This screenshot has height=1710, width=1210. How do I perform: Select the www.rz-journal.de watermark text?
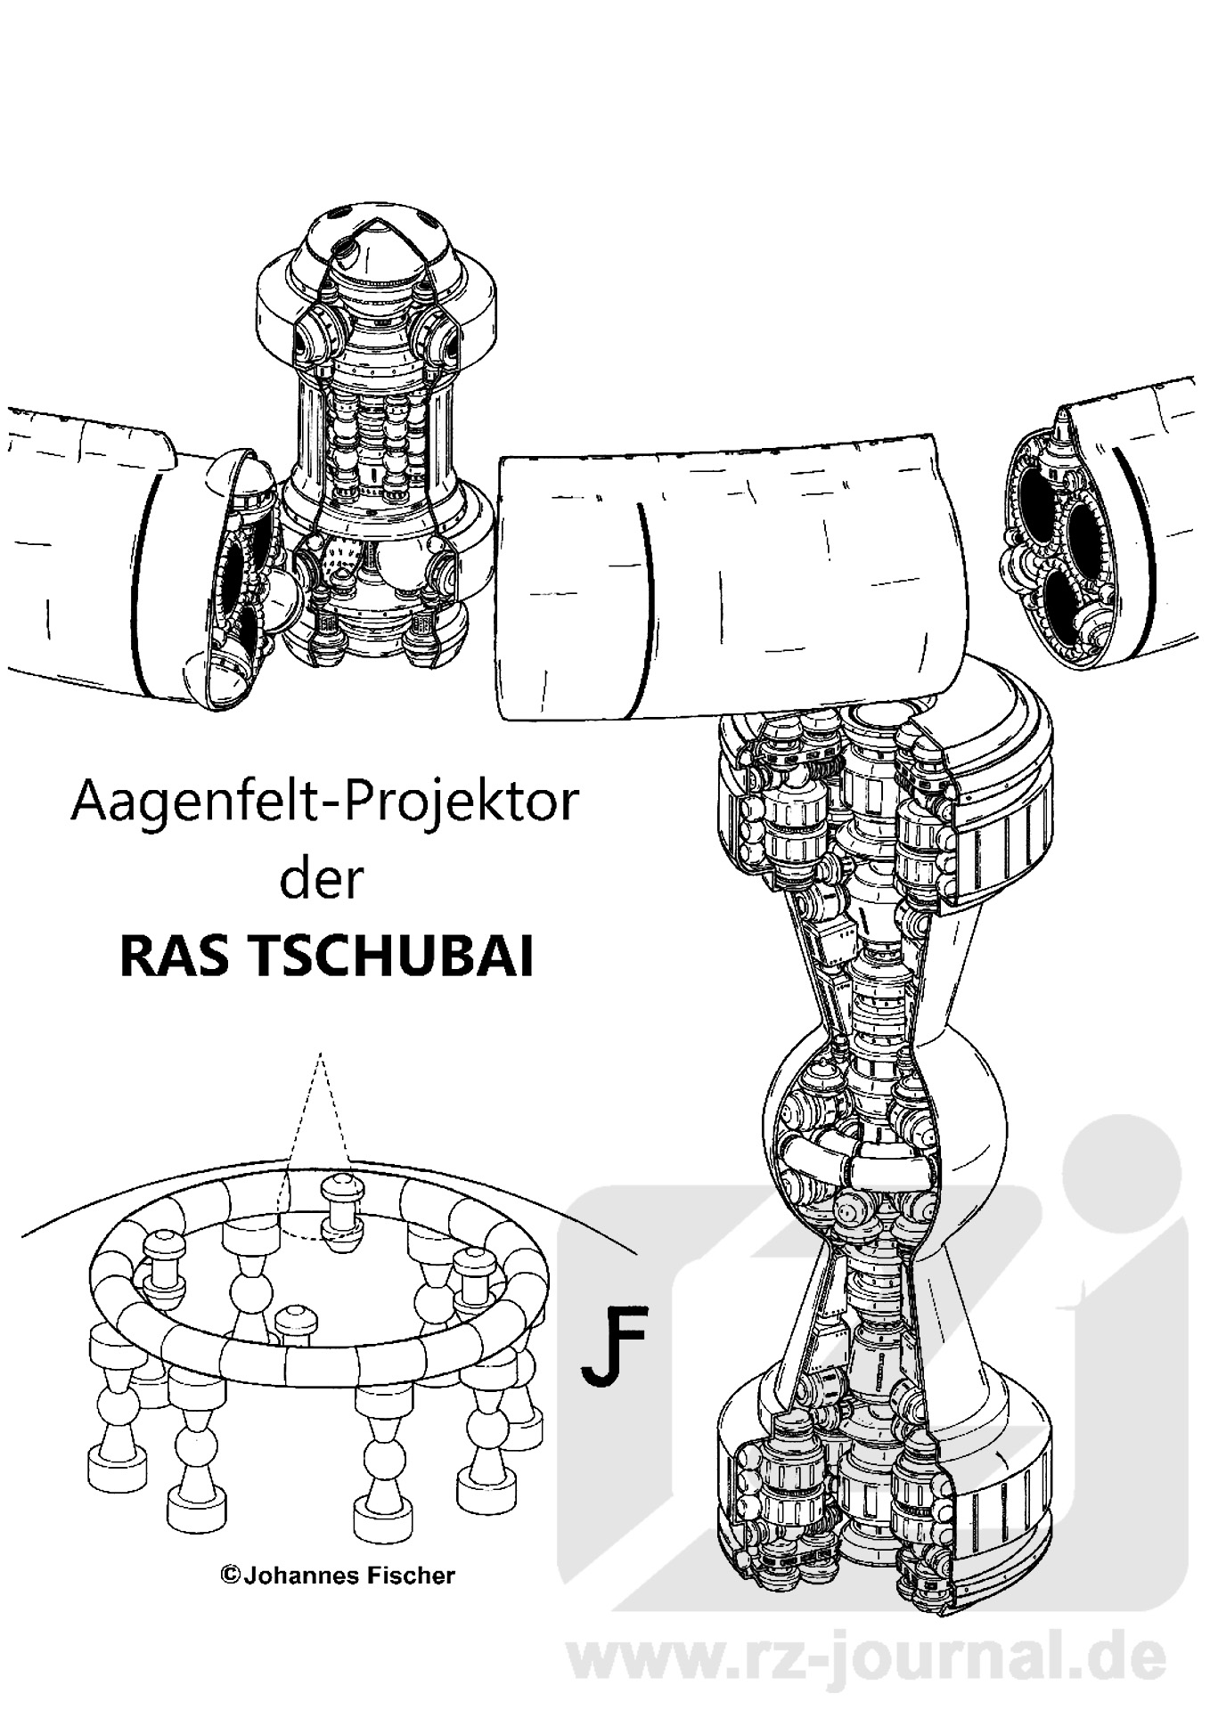(x=865, y=1657)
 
